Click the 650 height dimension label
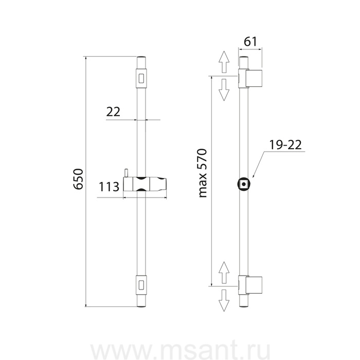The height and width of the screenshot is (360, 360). [x=78, y=178]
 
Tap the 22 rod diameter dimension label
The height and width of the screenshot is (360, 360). [x=113, y=112]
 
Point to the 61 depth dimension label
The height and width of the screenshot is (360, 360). [x=250, y=42]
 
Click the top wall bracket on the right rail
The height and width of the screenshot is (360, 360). [x=254, y=78]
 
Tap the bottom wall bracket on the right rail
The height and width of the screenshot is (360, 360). [x=254, y=285]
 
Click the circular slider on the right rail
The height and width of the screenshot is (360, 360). [x=244, y=184]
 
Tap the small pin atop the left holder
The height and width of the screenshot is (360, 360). [x=125, y=172]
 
